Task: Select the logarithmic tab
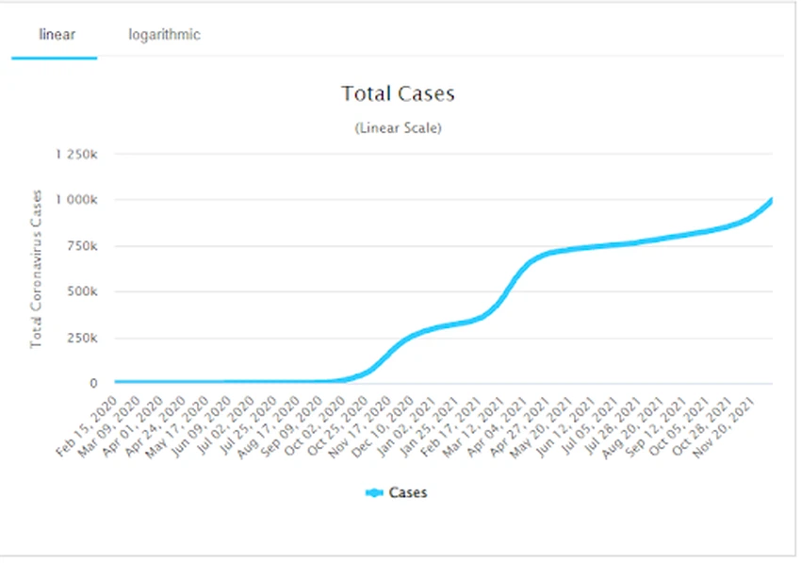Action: click(164, 35)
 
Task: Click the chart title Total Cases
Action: click(398, 93)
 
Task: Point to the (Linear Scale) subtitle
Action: click(398, 128)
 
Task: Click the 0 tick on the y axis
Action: click(105, 384)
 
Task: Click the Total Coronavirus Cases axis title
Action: click(37, 269)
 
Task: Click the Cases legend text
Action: click(408, 492)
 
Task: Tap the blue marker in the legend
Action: click(374, 492)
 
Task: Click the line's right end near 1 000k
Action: click(771, 201)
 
